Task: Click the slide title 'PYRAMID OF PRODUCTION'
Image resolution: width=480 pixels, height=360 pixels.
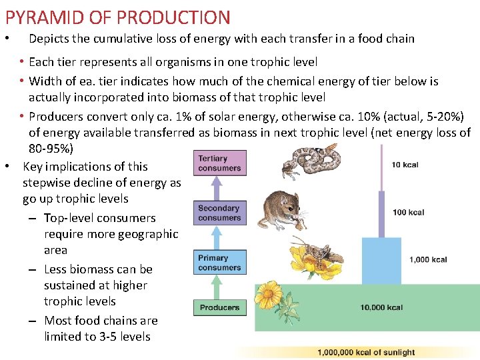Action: (x=118, y=17)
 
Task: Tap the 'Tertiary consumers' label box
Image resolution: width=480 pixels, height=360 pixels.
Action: (x=219, y=163)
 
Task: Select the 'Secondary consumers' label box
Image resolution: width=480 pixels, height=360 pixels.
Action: (x=219, y=213)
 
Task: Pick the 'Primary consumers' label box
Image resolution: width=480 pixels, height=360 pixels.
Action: (x=219, y=263)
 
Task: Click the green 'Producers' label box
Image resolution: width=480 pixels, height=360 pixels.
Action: (x=219, y=307)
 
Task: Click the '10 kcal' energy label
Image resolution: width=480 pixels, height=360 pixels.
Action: (x=405, y=165)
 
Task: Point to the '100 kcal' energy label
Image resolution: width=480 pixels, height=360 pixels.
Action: (x=409, y=213)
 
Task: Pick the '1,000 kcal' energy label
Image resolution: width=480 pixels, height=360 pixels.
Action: (x=429, y=259)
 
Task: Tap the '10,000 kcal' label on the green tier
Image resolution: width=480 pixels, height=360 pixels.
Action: (x=381, y=307)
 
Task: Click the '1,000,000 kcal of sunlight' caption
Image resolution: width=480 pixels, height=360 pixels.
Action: (x=366, y=352)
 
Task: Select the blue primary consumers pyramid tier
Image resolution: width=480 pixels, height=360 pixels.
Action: (x=382, y=261)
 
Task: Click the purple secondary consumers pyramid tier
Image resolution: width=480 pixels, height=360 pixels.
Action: (x=381, y=214)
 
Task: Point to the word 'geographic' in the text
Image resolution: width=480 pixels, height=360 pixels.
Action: (x=144, y=234)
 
